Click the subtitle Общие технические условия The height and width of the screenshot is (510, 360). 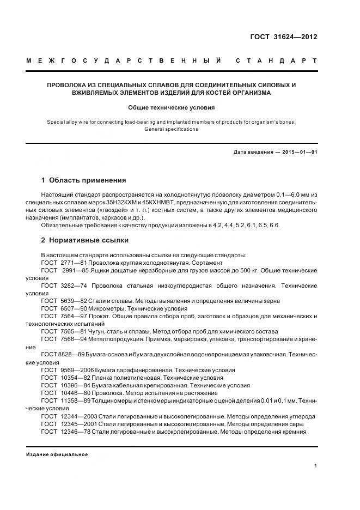coord(172,107)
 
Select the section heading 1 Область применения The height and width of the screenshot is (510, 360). coord(83,180)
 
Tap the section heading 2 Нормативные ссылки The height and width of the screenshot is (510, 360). coord(85,240)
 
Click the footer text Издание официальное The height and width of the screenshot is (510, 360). coord(57,454)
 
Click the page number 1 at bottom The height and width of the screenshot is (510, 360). coord(316,465)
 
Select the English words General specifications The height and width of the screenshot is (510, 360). coord(172,129)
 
